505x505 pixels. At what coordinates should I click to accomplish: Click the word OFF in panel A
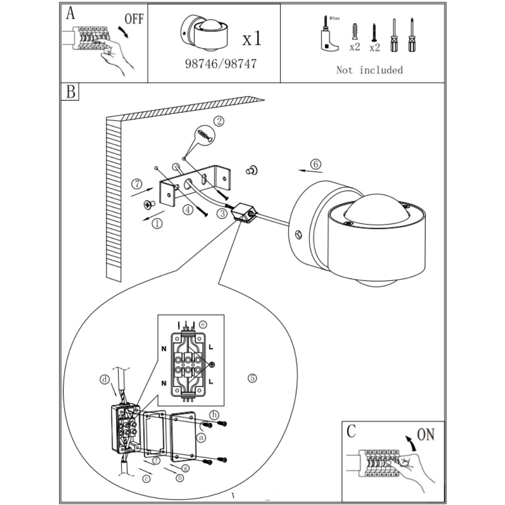tap(133, 19)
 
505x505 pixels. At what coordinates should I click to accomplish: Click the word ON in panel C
tap(425, 434)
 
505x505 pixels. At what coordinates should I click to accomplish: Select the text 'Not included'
tap(369, 70)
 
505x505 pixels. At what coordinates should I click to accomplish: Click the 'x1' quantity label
tap(251, 38)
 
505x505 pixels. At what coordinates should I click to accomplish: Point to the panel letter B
tap(70, 92)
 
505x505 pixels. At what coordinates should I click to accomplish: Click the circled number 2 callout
tap(219, 121)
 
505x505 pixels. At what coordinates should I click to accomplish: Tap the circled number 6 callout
tap(315, 163)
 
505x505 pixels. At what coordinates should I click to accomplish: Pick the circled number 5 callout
tap(252, 378)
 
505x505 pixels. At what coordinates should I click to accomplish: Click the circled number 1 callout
tap(157, 223)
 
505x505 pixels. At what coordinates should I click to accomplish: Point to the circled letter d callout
tap(104, 380)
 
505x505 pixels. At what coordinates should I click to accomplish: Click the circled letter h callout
tap(214, 414)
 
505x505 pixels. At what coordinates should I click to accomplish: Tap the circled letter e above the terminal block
tap(202, 324)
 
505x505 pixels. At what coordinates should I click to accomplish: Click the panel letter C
tap(351, 430)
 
